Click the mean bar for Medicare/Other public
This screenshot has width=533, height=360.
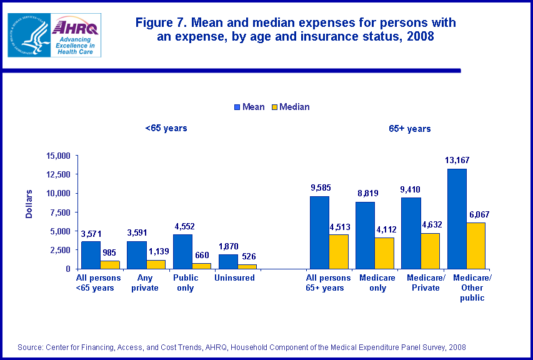click(456, 219)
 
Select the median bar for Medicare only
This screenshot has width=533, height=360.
click(384, 253)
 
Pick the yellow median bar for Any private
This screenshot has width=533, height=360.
click(156, 264)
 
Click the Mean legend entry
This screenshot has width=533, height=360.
click(249, 107)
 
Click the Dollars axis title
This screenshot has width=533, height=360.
click(29, 203)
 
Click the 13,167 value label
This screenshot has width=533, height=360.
click(457, 161)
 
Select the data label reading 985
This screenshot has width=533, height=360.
click(110, 254)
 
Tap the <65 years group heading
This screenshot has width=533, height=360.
click(166, 129)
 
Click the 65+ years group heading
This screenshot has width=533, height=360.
click(410, 129)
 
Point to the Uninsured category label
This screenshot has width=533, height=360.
click(234, 277)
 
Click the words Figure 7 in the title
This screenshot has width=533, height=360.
click(161, 23)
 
